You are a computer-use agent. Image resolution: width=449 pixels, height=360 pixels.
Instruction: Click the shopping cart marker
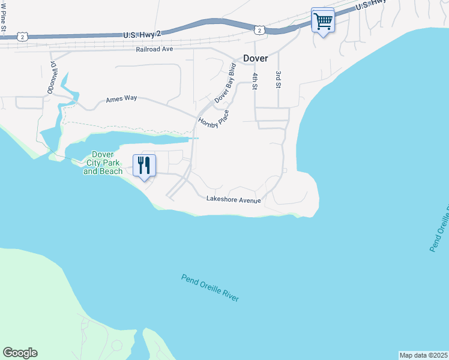pyautogui.click(x=323, y=22)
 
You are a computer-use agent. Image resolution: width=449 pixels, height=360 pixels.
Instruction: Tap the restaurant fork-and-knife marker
pyautogui.click(x=144, y=165)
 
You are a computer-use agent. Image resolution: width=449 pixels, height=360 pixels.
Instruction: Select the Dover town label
pyautogui.click(x=255, y=59)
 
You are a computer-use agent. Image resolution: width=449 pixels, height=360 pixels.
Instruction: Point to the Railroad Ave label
pyautogui.click(x=154, y=50)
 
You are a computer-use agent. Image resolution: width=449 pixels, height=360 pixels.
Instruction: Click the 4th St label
pyautogui.click(x=255, y=81)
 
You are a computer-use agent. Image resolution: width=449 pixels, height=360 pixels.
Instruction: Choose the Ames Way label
pyautogui.click(x=121, y=99)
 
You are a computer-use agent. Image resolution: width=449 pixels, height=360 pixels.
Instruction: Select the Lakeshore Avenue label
pyautogui.click(x=234, y=199)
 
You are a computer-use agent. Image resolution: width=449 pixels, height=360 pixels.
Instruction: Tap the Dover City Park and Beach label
pyautogui.click(x=103, y=163)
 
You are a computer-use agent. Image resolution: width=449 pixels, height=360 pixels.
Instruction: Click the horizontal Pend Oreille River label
pyautogui.click(x=210, y=289)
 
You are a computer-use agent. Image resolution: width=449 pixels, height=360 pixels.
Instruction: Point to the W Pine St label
pyautogui.click(x=4, y=13)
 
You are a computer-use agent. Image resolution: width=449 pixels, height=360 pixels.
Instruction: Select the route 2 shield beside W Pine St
pyautogui.click(x=22, y=37)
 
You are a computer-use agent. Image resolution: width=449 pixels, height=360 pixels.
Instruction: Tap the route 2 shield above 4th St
pyautogui.click(x=259, y=29)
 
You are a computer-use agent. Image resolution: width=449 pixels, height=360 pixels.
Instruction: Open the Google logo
pyautogui.click(x=20, y=353)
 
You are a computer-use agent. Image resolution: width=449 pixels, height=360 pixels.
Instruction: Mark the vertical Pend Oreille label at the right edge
pyautogui.click(x=439, y=228)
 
